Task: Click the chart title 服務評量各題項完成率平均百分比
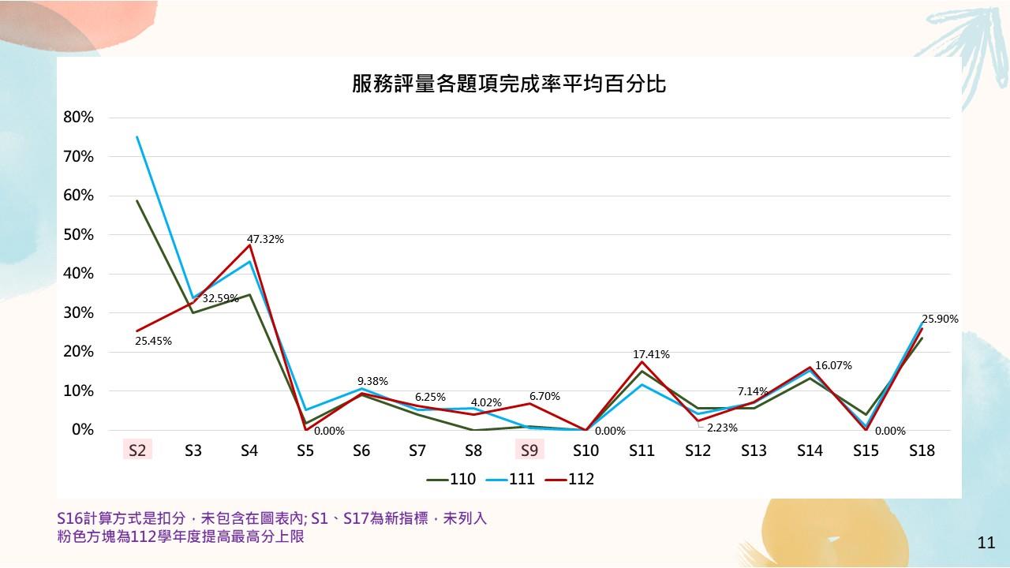point(509,84)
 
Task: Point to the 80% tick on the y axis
point(78,118)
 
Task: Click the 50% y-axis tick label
point(78,234)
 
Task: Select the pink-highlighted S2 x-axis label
point(137,450)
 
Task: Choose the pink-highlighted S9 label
point(529,450)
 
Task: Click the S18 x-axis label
point(922,450)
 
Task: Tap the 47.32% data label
point(265,239)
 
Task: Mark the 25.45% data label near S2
point(153,342)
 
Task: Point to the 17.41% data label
point(651,355)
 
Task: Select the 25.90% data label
point(940,319)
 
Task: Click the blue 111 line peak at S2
point(137,137)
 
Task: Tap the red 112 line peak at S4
point(249,245)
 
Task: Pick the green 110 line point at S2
point(137,201)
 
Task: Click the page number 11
point(986,543)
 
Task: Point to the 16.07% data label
point(833,366)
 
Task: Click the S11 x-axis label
point(642,450)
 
